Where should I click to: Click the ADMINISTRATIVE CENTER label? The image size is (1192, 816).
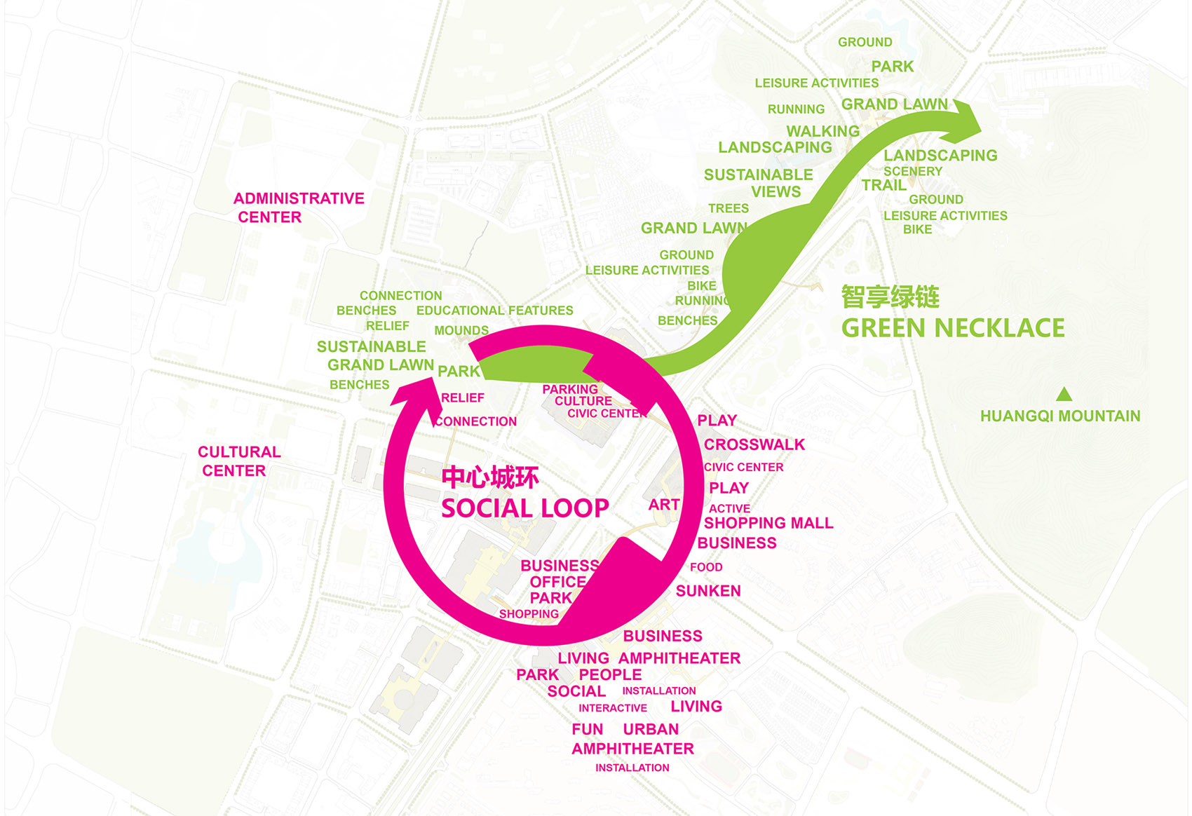click(x=299, y=208)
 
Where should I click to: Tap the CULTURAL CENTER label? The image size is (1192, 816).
click(x=239, y=461)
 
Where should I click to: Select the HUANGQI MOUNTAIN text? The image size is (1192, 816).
click(x=1060, y=416)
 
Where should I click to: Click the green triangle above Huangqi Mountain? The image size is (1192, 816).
click(x=1064, y=394)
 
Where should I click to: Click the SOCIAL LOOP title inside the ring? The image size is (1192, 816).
click(x=524, y=508)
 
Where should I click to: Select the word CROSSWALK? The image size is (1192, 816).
click(x=754, y=444)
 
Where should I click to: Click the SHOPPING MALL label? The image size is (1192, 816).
click(x=768, y=523)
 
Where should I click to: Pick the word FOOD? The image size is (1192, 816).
click(x=706, y=567)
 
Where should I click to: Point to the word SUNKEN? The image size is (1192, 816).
click(x=708, y=591)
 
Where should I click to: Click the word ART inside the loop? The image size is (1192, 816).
click(x=663, y=504)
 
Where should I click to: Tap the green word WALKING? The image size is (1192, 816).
click(x=822, y=131)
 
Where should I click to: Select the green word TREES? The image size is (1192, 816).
click(x=728, y=208)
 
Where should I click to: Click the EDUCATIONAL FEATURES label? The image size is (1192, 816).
click(x=494, y=311)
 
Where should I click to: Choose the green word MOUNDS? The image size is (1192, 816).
click(x=461, y=330)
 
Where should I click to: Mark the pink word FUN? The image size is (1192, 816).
click(x=588, y=729)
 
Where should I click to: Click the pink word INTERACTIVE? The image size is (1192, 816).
click(x=613, y=708)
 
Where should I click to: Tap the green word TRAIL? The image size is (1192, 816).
click(x=883, y=185)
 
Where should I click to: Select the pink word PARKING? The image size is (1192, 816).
click(x=570, y=389)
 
